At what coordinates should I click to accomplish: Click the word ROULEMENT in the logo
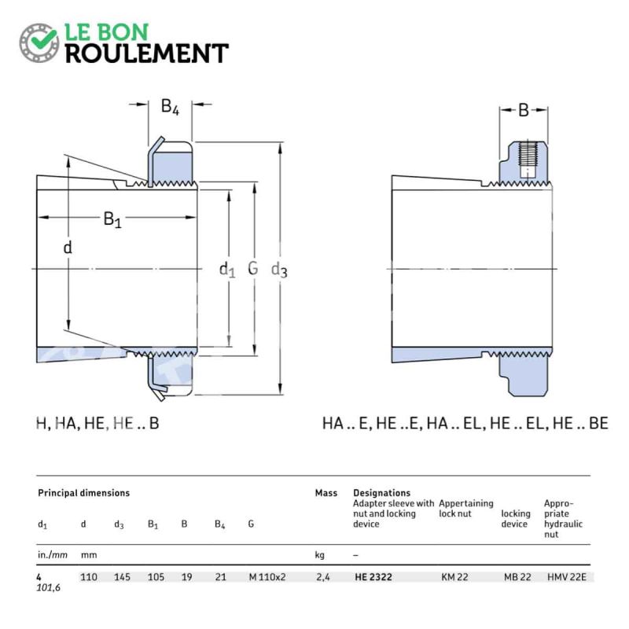147,53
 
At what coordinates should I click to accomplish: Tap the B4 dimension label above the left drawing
170,107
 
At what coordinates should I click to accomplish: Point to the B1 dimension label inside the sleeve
112,219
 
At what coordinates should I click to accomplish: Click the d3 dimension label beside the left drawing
279,270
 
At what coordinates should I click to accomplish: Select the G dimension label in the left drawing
252,268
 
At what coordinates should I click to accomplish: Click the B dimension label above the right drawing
524,110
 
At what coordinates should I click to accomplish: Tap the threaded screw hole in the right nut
527,160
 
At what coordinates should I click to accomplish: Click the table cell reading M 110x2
267,577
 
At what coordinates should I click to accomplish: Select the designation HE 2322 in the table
373,577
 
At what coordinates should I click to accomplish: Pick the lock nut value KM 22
454,577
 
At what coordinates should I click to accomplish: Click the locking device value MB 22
517,577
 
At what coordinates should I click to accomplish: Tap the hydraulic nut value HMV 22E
567,577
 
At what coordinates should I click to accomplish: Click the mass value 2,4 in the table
323,577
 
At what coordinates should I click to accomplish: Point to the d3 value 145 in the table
122,577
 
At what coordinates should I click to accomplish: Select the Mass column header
326,493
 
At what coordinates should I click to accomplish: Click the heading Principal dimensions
84,493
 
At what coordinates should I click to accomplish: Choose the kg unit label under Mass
320,555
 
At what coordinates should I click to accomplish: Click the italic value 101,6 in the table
49,587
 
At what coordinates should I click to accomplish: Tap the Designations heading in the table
382,493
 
